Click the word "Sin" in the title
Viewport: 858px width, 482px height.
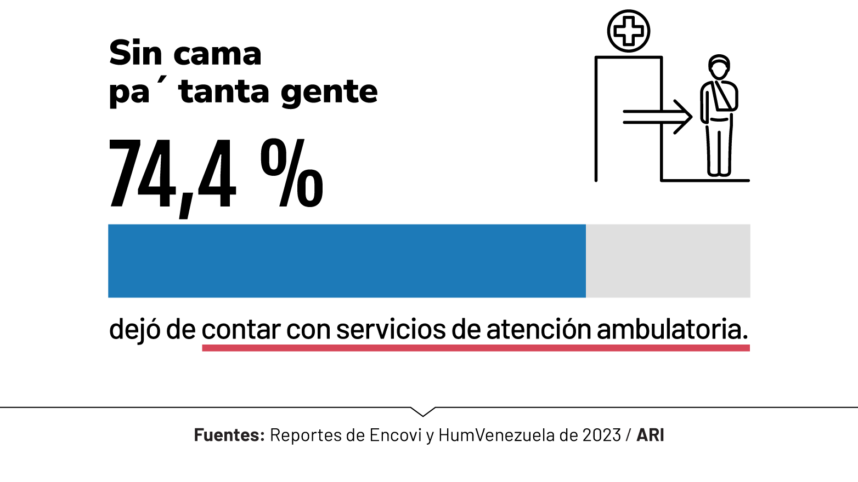136,53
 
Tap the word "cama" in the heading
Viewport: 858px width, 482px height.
217,54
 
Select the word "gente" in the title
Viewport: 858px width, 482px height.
329,92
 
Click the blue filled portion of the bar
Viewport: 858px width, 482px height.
347,261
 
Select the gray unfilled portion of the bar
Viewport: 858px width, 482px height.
668,261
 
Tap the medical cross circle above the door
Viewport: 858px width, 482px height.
629,31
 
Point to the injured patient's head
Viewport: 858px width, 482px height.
719,67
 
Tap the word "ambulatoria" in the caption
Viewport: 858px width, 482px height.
671,330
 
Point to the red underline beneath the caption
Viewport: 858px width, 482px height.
476,348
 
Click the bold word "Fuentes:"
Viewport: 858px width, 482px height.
229,435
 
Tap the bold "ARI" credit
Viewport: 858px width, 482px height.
650,435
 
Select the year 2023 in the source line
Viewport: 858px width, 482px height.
601,435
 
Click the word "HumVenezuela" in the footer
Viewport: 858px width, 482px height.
496,435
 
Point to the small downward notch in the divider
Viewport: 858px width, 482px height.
422,411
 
